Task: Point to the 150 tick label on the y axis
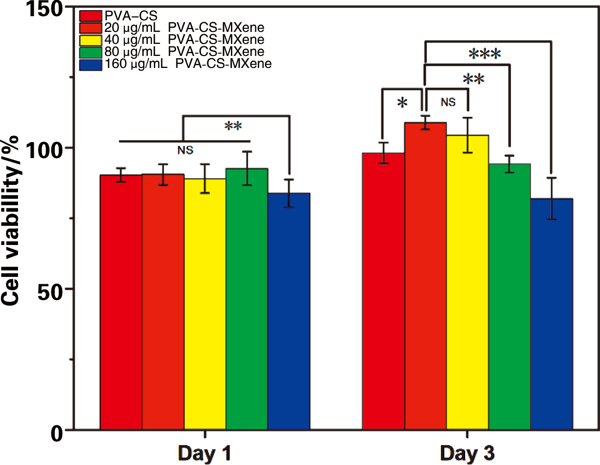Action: pos(44,9)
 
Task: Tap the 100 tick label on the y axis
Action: pos(44,150)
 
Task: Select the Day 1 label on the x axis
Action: pos(205,453)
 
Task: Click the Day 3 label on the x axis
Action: pos(467,453)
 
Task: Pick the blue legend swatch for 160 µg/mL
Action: pos(91,65)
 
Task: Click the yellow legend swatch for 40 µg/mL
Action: pos(91,40)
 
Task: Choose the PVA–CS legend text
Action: pos(131,16)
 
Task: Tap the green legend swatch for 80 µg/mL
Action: pos(91,52)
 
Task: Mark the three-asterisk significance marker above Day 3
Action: pos(485,55)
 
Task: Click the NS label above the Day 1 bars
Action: pos(185,150)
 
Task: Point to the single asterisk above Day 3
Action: pos(402,103)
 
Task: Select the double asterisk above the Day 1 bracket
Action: pos(233,127)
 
